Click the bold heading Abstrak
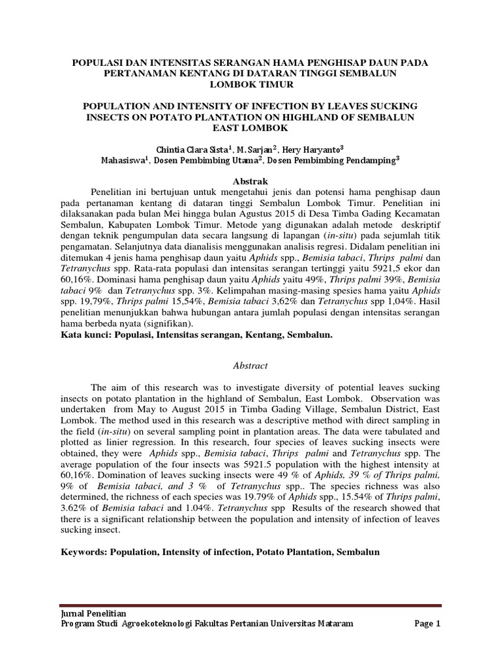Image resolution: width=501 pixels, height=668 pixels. pos(250,179)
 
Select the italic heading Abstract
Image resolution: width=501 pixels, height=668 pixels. pos(250,366)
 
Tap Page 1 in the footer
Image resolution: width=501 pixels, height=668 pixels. pos(428,624)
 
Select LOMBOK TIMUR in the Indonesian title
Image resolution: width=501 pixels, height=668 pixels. pos(250,85)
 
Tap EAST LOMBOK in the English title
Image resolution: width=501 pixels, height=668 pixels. pos(250,127)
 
